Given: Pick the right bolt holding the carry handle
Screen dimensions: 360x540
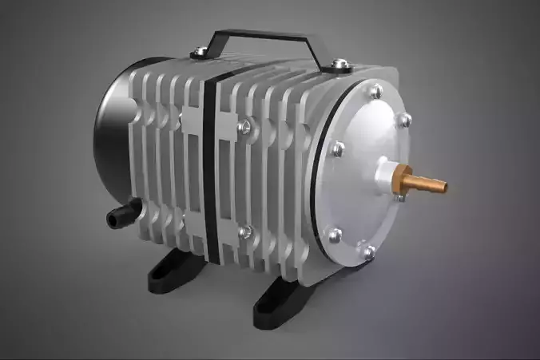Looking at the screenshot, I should pyautogui.click(x=339, y=63).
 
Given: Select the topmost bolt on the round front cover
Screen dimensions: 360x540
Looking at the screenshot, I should pyautogui.click(x=375, y=93).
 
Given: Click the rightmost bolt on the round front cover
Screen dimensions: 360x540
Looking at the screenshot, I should pyautogui.click(x=406, y=120).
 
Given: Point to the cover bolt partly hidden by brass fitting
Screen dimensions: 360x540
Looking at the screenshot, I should pyautogui.click(x=399, y=196).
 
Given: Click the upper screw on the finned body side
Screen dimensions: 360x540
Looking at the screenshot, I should pyautogui.click(x=247, y=125).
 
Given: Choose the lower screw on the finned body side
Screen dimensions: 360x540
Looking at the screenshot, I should pyautogui.click(x=246, y=232).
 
